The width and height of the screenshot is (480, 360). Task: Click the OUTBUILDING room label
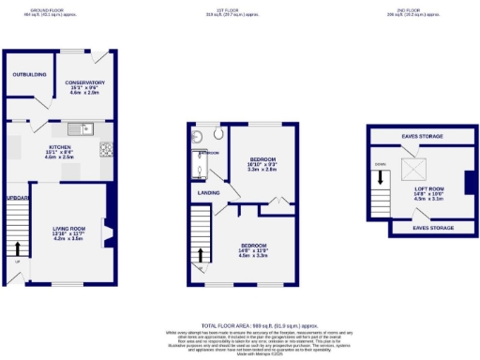pos(28,73)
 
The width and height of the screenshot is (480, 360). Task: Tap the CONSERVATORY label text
pos(85,82)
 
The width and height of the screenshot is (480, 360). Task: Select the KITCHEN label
pos(60,147)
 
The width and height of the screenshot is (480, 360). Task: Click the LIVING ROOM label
pos(69,228)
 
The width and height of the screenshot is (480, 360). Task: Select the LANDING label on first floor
pos(208,193)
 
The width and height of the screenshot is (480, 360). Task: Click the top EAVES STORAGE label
pos(423,137)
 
